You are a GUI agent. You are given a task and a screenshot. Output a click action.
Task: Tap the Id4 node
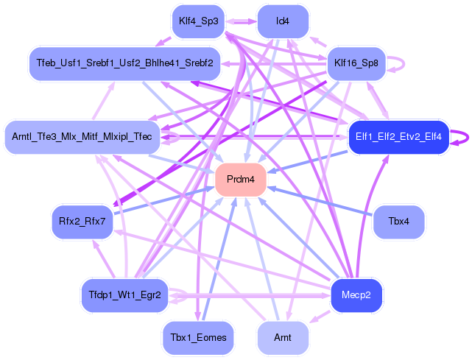click(282, 21)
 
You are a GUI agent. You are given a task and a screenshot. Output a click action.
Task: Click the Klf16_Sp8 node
click(356, 63)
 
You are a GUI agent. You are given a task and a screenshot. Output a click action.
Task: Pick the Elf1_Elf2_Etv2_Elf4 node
click(398, 137)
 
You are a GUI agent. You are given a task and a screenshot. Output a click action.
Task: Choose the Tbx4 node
click(399, 221)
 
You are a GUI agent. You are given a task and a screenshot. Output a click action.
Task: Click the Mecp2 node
click(356, 296)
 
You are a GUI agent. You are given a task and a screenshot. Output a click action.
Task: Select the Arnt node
click(282, 337)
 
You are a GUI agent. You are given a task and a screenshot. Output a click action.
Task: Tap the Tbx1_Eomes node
click(198, 337)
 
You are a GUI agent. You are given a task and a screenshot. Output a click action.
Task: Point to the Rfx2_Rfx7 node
click(82, 221)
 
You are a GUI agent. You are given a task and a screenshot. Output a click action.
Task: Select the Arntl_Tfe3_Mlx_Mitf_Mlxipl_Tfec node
click(82, 137)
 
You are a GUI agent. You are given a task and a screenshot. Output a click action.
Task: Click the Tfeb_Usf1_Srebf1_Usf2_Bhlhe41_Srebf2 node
click(124, 63)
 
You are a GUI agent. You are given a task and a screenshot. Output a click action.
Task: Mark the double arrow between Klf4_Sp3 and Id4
click(240, 22)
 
